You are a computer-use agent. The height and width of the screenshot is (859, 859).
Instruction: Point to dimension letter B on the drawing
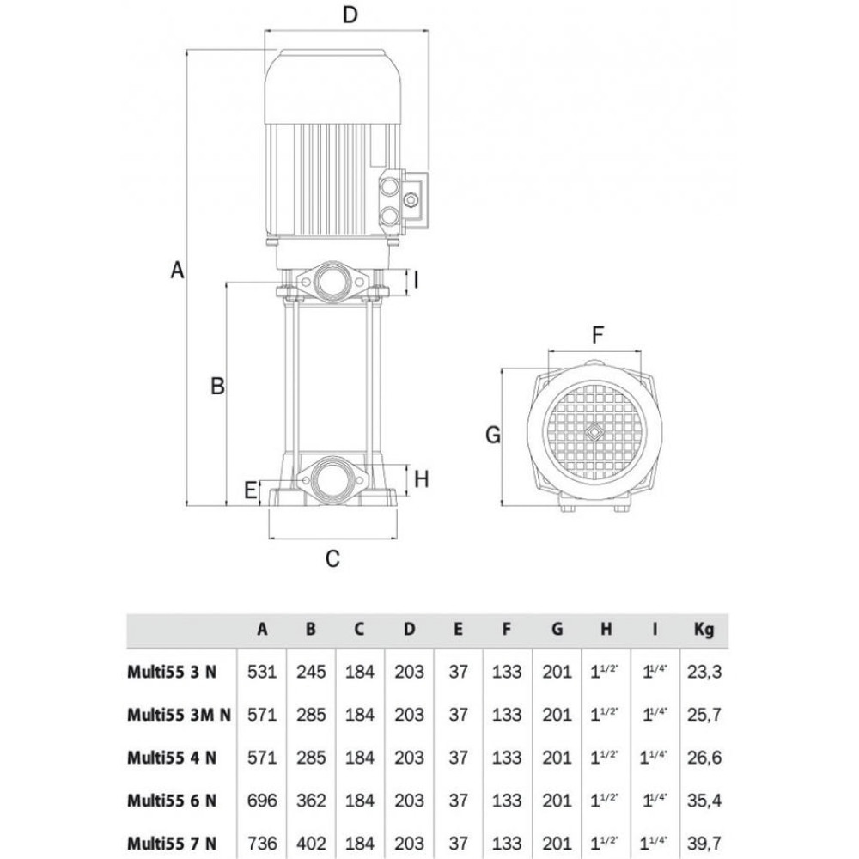pos(217,387)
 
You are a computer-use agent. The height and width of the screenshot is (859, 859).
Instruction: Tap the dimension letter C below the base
pos(332,558)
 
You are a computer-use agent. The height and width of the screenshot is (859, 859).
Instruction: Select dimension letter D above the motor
pos(349,15)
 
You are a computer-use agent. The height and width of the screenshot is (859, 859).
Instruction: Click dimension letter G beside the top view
pos(492,436)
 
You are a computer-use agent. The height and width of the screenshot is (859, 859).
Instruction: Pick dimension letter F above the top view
pos(599,334)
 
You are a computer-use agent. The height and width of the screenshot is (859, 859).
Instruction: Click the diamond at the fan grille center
pos(594,431)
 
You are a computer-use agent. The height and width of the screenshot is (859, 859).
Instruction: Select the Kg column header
pos(704,630)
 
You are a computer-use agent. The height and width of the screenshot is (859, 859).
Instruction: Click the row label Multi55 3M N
pos(179,713)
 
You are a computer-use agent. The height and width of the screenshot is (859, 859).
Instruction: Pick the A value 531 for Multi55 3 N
pos(262,671)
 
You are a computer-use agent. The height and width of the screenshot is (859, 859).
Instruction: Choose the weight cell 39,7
pos(704,843)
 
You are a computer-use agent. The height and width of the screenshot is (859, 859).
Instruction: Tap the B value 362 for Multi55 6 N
pos(311,800)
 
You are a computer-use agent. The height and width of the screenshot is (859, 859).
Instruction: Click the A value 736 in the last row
pos(262,843)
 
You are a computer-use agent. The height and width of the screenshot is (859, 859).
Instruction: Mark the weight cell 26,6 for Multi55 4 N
pos(704,757)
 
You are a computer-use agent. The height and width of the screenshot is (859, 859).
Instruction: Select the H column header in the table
pos(606,630)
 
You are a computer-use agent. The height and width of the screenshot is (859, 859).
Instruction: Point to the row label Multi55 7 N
pos(172,843)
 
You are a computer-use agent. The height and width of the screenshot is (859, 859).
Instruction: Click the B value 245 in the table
pos(311,671)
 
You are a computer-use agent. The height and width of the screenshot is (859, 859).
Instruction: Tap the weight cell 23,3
pos(704,671)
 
